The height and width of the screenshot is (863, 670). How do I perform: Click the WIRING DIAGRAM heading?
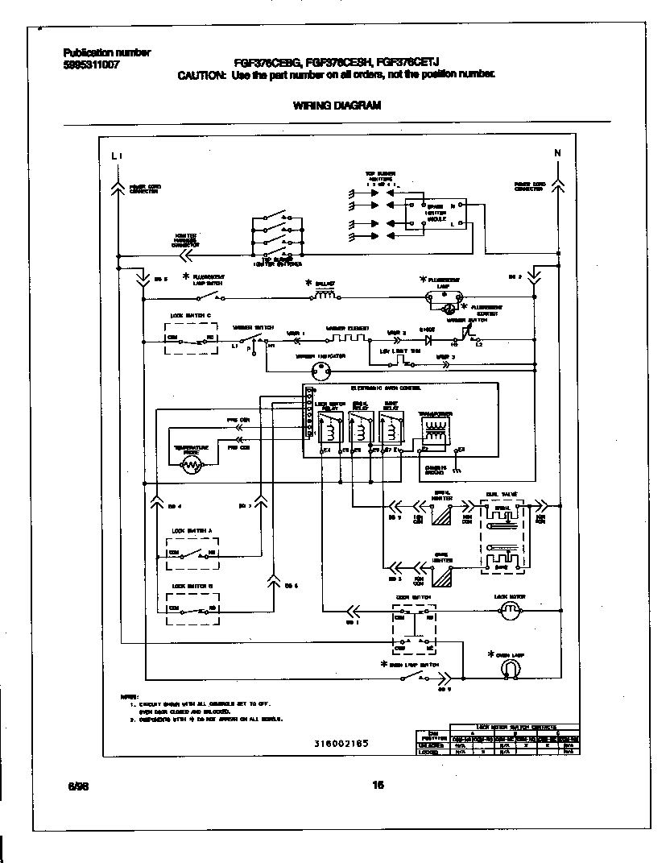(x=337, y=105)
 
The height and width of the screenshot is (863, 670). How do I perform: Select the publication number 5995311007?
(x=91, y=65)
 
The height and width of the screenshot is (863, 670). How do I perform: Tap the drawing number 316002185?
(x=341, y=743)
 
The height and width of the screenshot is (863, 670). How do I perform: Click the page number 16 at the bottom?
(x=378, y=786)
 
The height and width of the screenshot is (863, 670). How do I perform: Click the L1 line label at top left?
(x=118, y=155)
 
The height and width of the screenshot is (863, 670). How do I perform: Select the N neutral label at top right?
(x=557, y=153)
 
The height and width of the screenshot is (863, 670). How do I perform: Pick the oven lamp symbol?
(x=510, y=669)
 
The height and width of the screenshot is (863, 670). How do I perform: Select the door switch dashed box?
(x=414, y=629)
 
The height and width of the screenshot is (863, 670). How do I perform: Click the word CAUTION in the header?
(x=201, y=75)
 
